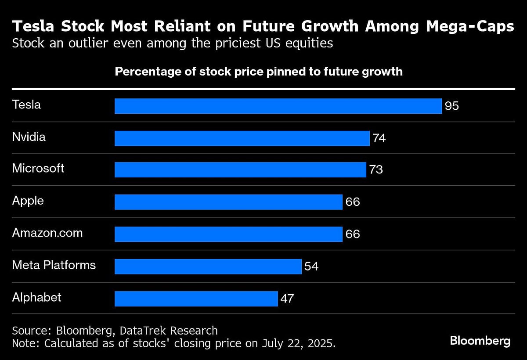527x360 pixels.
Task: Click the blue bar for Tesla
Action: tap(278, 106)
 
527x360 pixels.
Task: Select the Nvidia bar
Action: tap(242, 138)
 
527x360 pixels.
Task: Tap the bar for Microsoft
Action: tap(240, 170)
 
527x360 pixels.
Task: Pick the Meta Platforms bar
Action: tap(208, 266)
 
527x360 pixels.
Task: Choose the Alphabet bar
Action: tap(196, 299)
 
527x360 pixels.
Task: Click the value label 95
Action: tap(451, 106)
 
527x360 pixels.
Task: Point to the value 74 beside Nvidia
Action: tap(379, 138)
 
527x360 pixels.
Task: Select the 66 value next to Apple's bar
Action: tap(353, 202)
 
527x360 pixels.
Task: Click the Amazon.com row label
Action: tap(47, 233)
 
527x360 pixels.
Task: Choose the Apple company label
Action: tap(28, 201)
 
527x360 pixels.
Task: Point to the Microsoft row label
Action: tap(38, 168)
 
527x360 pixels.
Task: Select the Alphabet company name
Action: tap(36, 297)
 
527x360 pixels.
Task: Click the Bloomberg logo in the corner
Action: tap(480, 341)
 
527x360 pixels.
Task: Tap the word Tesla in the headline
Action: tap(34, 27)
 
